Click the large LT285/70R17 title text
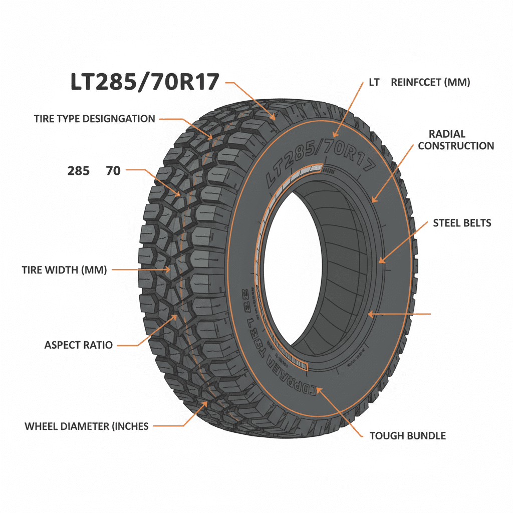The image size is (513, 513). click(145, 82)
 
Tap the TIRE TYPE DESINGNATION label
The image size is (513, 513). click(95, 119)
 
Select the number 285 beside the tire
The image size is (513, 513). click(79, 171)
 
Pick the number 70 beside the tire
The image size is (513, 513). click(113, 171)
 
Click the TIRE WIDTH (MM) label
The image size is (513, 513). click(65, 270)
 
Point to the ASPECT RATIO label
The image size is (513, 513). click(79, 345)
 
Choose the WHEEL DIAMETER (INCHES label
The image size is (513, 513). click(87, 426)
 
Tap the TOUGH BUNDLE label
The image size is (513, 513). click(407, 436)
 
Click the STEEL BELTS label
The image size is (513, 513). click(462, 223)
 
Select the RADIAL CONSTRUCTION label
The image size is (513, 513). click(456, 140)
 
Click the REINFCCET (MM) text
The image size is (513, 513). click(430, 83)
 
